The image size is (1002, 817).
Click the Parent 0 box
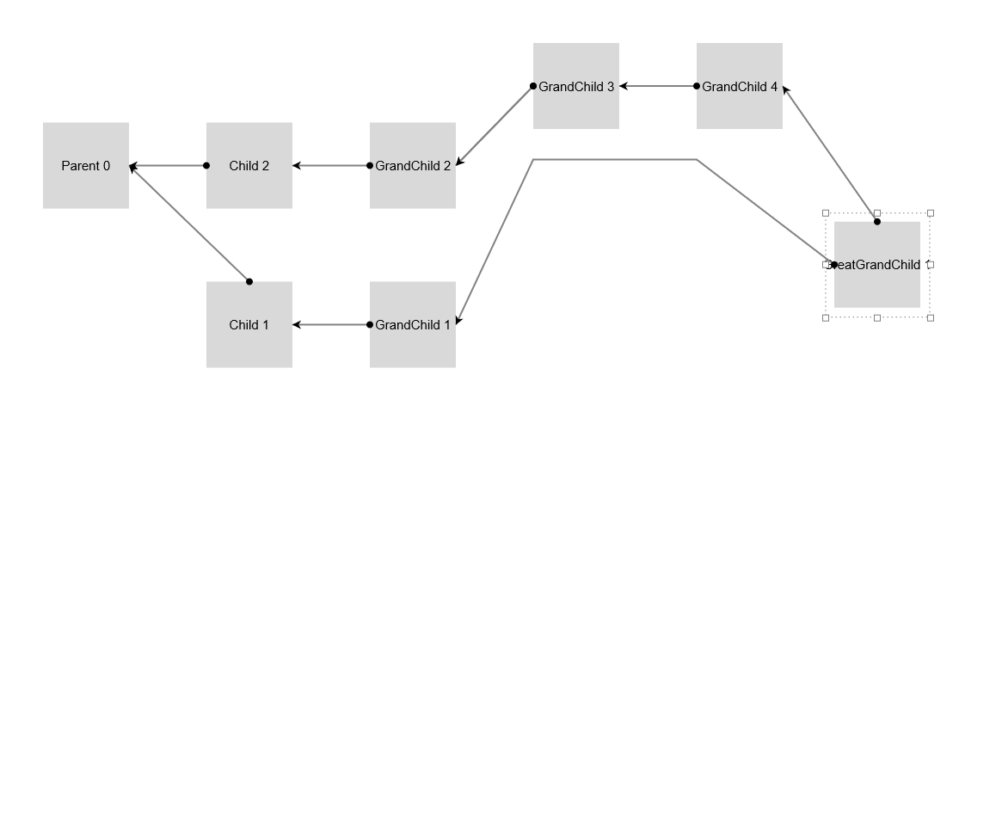click(x=86, y=165)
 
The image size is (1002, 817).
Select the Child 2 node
click(x=249, y=165)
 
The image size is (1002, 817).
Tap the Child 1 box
click(x=249, y=324)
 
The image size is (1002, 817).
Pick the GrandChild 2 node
click(x=413, y=165)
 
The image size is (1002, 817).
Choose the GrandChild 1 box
click(x=413, y=324)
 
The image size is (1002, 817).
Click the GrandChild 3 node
click(x=576, y=86)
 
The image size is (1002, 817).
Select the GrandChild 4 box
click(x=740, y=86)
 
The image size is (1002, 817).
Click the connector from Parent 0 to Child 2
click(x=169, y=165)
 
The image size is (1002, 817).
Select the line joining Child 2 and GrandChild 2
click(x=331, y=165)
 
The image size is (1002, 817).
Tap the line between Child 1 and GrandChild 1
click(x=331, y=324)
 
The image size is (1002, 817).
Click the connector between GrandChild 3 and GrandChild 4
click(x=658, y=86)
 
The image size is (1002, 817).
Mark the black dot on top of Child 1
click(x=249, y=281)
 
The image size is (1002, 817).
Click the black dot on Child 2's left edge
click(x=206, y=165)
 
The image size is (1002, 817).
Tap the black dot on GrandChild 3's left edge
click(x=533, y=86)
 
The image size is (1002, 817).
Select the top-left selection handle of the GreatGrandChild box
click(x=826, y=212)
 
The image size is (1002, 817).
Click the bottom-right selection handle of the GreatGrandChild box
click(x=931, y=318)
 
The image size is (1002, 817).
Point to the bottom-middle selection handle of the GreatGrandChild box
click(x=877, y=318)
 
